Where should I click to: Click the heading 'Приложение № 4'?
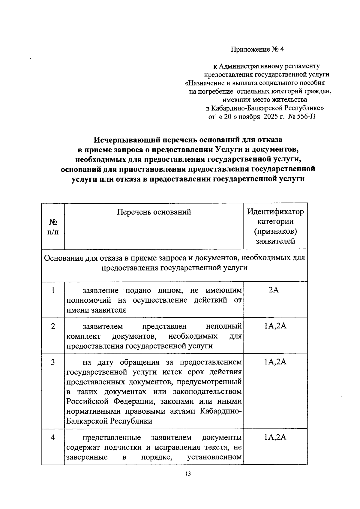257,49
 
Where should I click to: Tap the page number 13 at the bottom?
188,474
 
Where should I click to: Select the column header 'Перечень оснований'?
154,212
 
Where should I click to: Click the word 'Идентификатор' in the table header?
275,212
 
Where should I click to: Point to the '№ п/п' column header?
53,227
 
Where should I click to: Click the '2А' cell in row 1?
274,290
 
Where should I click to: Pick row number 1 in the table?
53,290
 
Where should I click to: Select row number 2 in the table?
53,326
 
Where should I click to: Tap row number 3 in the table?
53,362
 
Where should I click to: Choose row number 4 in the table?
53,437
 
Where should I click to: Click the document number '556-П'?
306,116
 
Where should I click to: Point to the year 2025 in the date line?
271,116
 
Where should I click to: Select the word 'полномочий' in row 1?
89,300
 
